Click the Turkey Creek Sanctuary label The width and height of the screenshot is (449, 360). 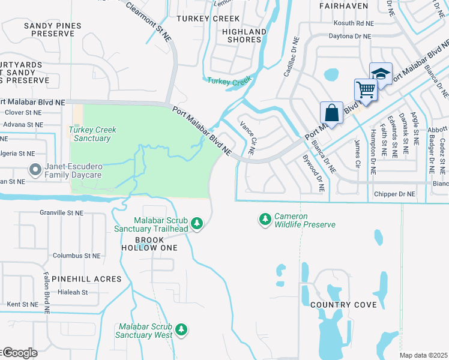click(x=92, y=134)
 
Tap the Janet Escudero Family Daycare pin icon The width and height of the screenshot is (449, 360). click(x=35, y=171)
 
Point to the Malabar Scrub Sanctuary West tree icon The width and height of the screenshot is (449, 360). click(x=182, y=330)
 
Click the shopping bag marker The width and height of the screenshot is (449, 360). click(x=331, y=113)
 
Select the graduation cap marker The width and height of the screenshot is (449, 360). click(x=381, y=74)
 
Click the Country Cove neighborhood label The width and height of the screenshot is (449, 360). click(x=344, y=305)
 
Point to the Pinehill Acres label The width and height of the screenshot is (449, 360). click(x=86, y=279)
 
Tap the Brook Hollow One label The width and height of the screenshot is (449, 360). click(x=148, y=244)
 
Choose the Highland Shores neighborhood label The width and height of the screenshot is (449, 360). click(x=244, y=35)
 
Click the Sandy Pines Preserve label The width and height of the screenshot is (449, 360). click(x=49, y=29)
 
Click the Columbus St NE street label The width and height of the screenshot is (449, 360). click(x=76, y=256)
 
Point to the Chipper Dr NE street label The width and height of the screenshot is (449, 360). click(x=393, y=194)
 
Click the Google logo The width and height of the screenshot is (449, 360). click(x=19, y=353)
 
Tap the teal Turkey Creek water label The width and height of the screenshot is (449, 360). click(x=228, y=82)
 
